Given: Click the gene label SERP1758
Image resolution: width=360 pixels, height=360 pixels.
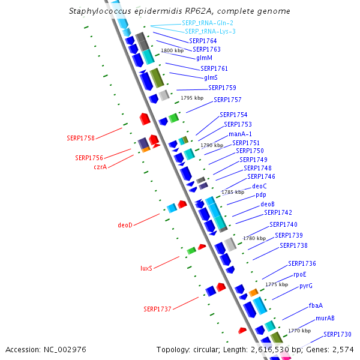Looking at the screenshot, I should pyautogui.click(x=80, y=138).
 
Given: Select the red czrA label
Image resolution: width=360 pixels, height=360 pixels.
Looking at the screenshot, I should pyautogui.click(x=100, y=167).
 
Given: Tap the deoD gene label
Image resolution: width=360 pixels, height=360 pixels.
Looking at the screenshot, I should pyautogui.click(x=125, y=226).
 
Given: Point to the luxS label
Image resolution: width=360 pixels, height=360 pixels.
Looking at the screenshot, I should pyautogui.click(x=146, y=268).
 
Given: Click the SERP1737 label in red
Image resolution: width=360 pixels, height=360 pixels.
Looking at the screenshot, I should pyautogui.click(x=157, y=309).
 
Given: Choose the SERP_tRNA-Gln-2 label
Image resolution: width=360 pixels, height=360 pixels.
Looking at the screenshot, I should pyautogui.click(x=208, y=23).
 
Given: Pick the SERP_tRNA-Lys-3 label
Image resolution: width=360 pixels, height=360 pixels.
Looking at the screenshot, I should pyautogui.click(x=210, y=31).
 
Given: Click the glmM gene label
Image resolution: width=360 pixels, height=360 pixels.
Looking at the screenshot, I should pyautogui.click(x=204, y=58).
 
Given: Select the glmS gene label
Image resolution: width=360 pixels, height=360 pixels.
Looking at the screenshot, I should pyautogui.click(x=211, y=78).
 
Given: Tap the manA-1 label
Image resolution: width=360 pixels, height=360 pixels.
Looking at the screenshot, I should pyautogui.click(x=240, y=134).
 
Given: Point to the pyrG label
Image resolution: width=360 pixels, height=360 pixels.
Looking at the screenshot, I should pyautogui.click(x=306, y=286).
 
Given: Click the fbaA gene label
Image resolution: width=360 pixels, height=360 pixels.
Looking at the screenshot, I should pyautogui.click(x=316, y=306).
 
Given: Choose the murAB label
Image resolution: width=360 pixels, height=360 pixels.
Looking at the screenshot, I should pyautogui.click(x=325, y=318).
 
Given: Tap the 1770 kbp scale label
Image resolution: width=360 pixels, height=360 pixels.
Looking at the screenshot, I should pyautogui.click(x=299, y=331).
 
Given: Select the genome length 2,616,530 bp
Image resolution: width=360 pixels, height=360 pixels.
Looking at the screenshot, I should pyautogui.click(x=262, y=349).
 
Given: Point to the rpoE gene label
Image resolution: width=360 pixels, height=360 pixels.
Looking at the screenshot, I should pyautogui.click(x=300, y=274).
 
